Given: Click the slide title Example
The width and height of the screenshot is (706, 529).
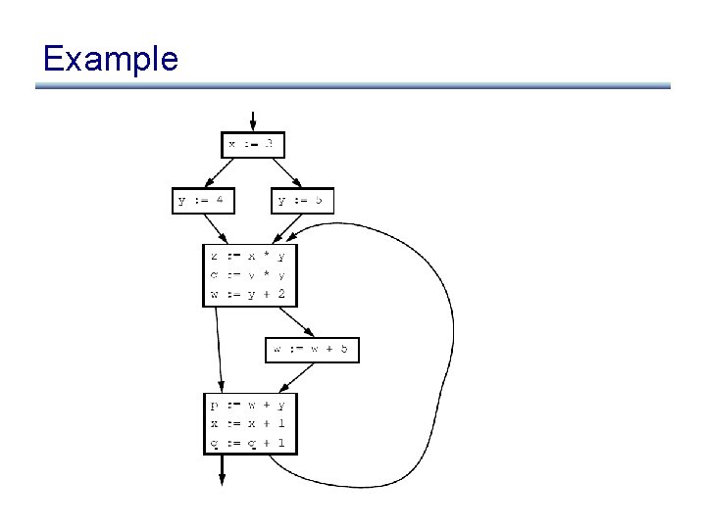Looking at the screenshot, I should tap(110, 59).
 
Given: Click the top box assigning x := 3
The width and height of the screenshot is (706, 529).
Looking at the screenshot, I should tap(254, 144).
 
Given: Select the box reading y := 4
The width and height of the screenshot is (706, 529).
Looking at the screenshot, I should tap(204, 201).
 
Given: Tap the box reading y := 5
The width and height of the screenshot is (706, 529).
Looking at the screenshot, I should tap(302, 201).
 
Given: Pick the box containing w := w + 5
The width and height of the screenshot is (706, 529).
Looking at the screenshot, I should tap(312, 350).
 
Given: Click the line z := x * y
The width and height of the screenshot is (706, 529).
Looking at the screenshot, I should tap(249, 257).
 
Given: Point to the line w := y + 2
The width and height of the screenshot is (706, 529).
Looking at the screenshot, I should tap(249, 293).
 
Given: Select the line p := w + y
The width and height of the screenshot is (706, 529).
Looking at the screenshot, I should tap(249, 405).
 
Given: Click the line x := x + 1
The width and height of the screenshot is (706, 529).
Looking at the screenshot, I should tap(249, 423).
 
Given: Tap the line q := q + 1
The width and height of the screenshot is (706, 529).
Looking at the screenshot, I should tap(249, 443).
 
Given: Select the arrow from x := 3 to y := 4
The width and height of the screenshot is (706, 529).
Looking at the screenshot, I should tap(221, 172).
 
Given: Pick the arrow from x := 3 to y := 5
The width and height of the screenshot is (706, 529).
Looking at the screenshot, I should tap(284, 172).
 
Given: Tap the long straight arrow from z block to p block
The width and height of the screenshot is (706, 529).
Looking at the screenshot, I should tap(219, 349).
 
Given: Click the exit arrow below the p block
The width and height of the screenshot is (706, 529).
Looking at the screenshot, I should tap(222, 468).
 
